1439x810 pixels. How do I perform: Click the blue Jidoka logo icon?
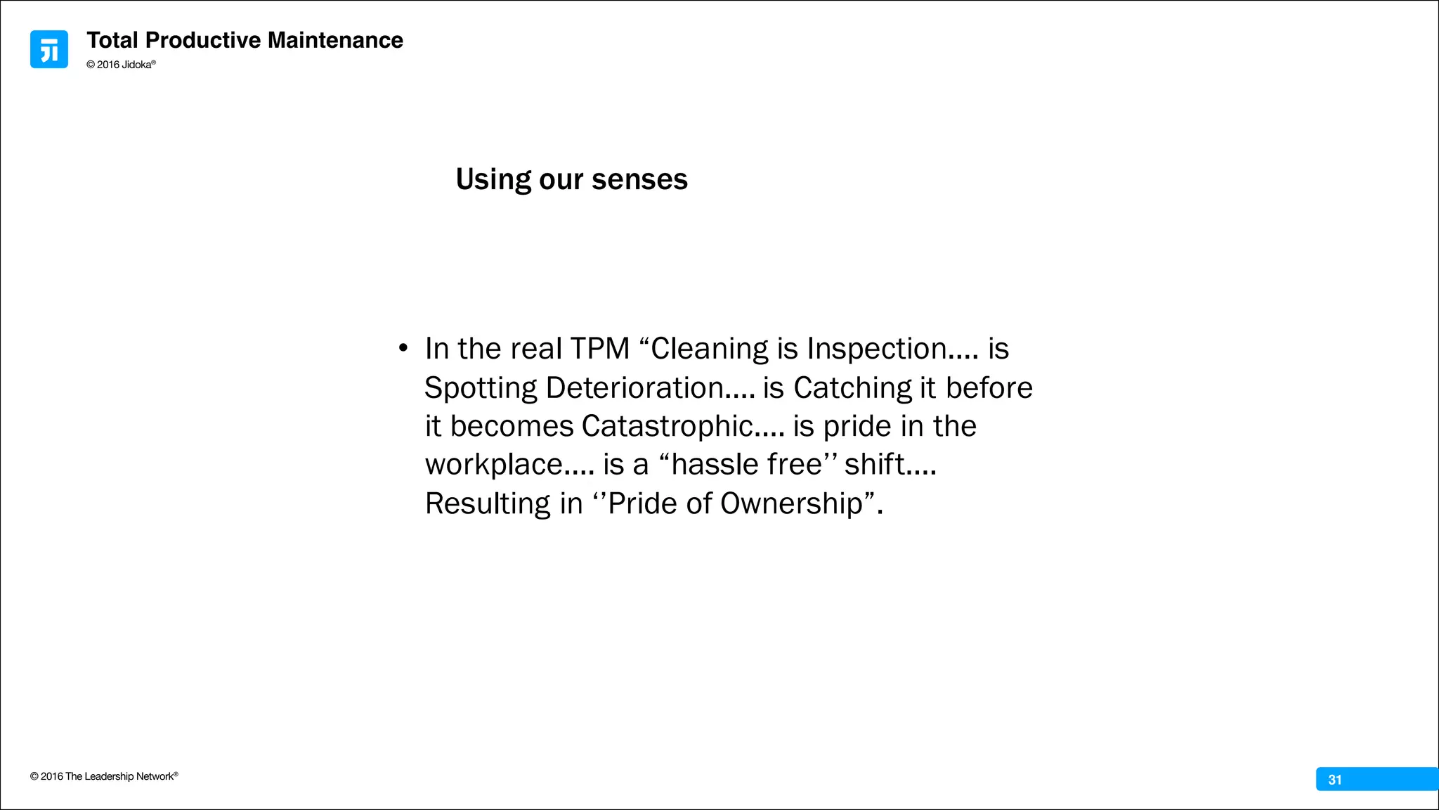pos(49,49)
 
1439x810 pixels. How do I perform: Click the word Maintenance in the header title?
pos(335,41)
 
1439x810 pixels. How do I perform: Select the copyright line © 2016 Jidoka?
pos(120,65)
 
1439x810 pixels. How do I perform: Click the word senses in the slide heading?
pos(639,179)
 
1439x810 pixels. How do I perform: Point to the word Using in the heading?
pos(493,179)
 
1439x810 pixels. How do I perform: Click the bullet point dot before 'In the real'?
pos(403,348)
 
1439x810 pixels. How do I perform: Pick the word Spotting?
pos(481,388)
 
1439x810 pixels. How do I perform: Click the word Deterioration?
pos(634,388)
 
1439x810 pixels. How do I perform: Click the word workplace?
pos(494,465)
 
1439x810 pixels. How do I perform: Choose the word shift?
pos(874,465)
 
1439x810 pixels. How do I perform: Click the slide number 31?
pos(1335,780)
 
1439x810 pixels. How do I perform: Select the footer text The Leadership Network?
pos(119,776)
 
